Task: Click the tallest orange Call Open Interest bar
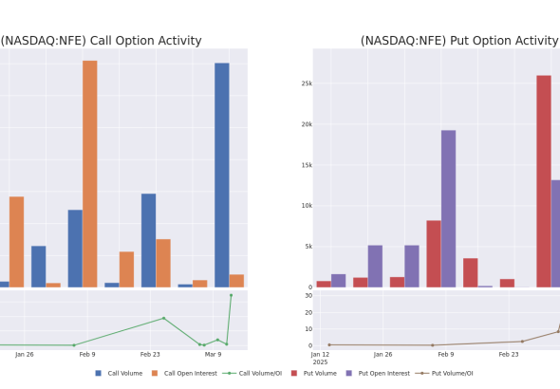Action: (90, 174)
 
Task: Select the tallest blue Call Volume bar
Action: (222, 176)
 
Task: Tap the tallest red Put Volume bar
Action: (544, 181)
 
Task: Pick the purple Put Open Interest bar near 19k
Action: (448, 209)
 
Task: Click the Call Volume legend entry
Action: (119, 373)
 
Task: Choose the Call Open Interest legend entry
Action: (184, 373)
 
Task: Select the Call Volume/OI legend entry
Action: (252, 373)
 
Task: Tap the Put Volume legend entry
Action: (314, 373)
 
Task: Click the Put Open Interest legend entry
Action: (378, 373)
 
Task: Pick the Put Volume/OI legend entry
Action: (444, 373)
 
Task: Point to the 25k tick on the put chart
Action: (307, 83)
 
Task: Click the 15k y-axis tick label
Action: (307, 165)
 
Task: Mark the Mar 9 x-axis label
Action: (213, 355)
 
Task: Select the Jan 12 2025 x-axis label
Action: (320, 358)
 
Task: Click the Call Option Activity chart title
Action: (101, 41)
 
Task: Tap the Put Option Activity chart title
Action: (459, 41)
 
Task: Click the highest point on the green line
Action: (231, 295)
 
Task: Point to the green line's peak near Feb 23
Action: (164, 318)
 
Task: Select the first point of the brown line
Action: (329, 344)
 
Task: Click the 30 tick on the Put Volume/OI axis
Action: (308, 295)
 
